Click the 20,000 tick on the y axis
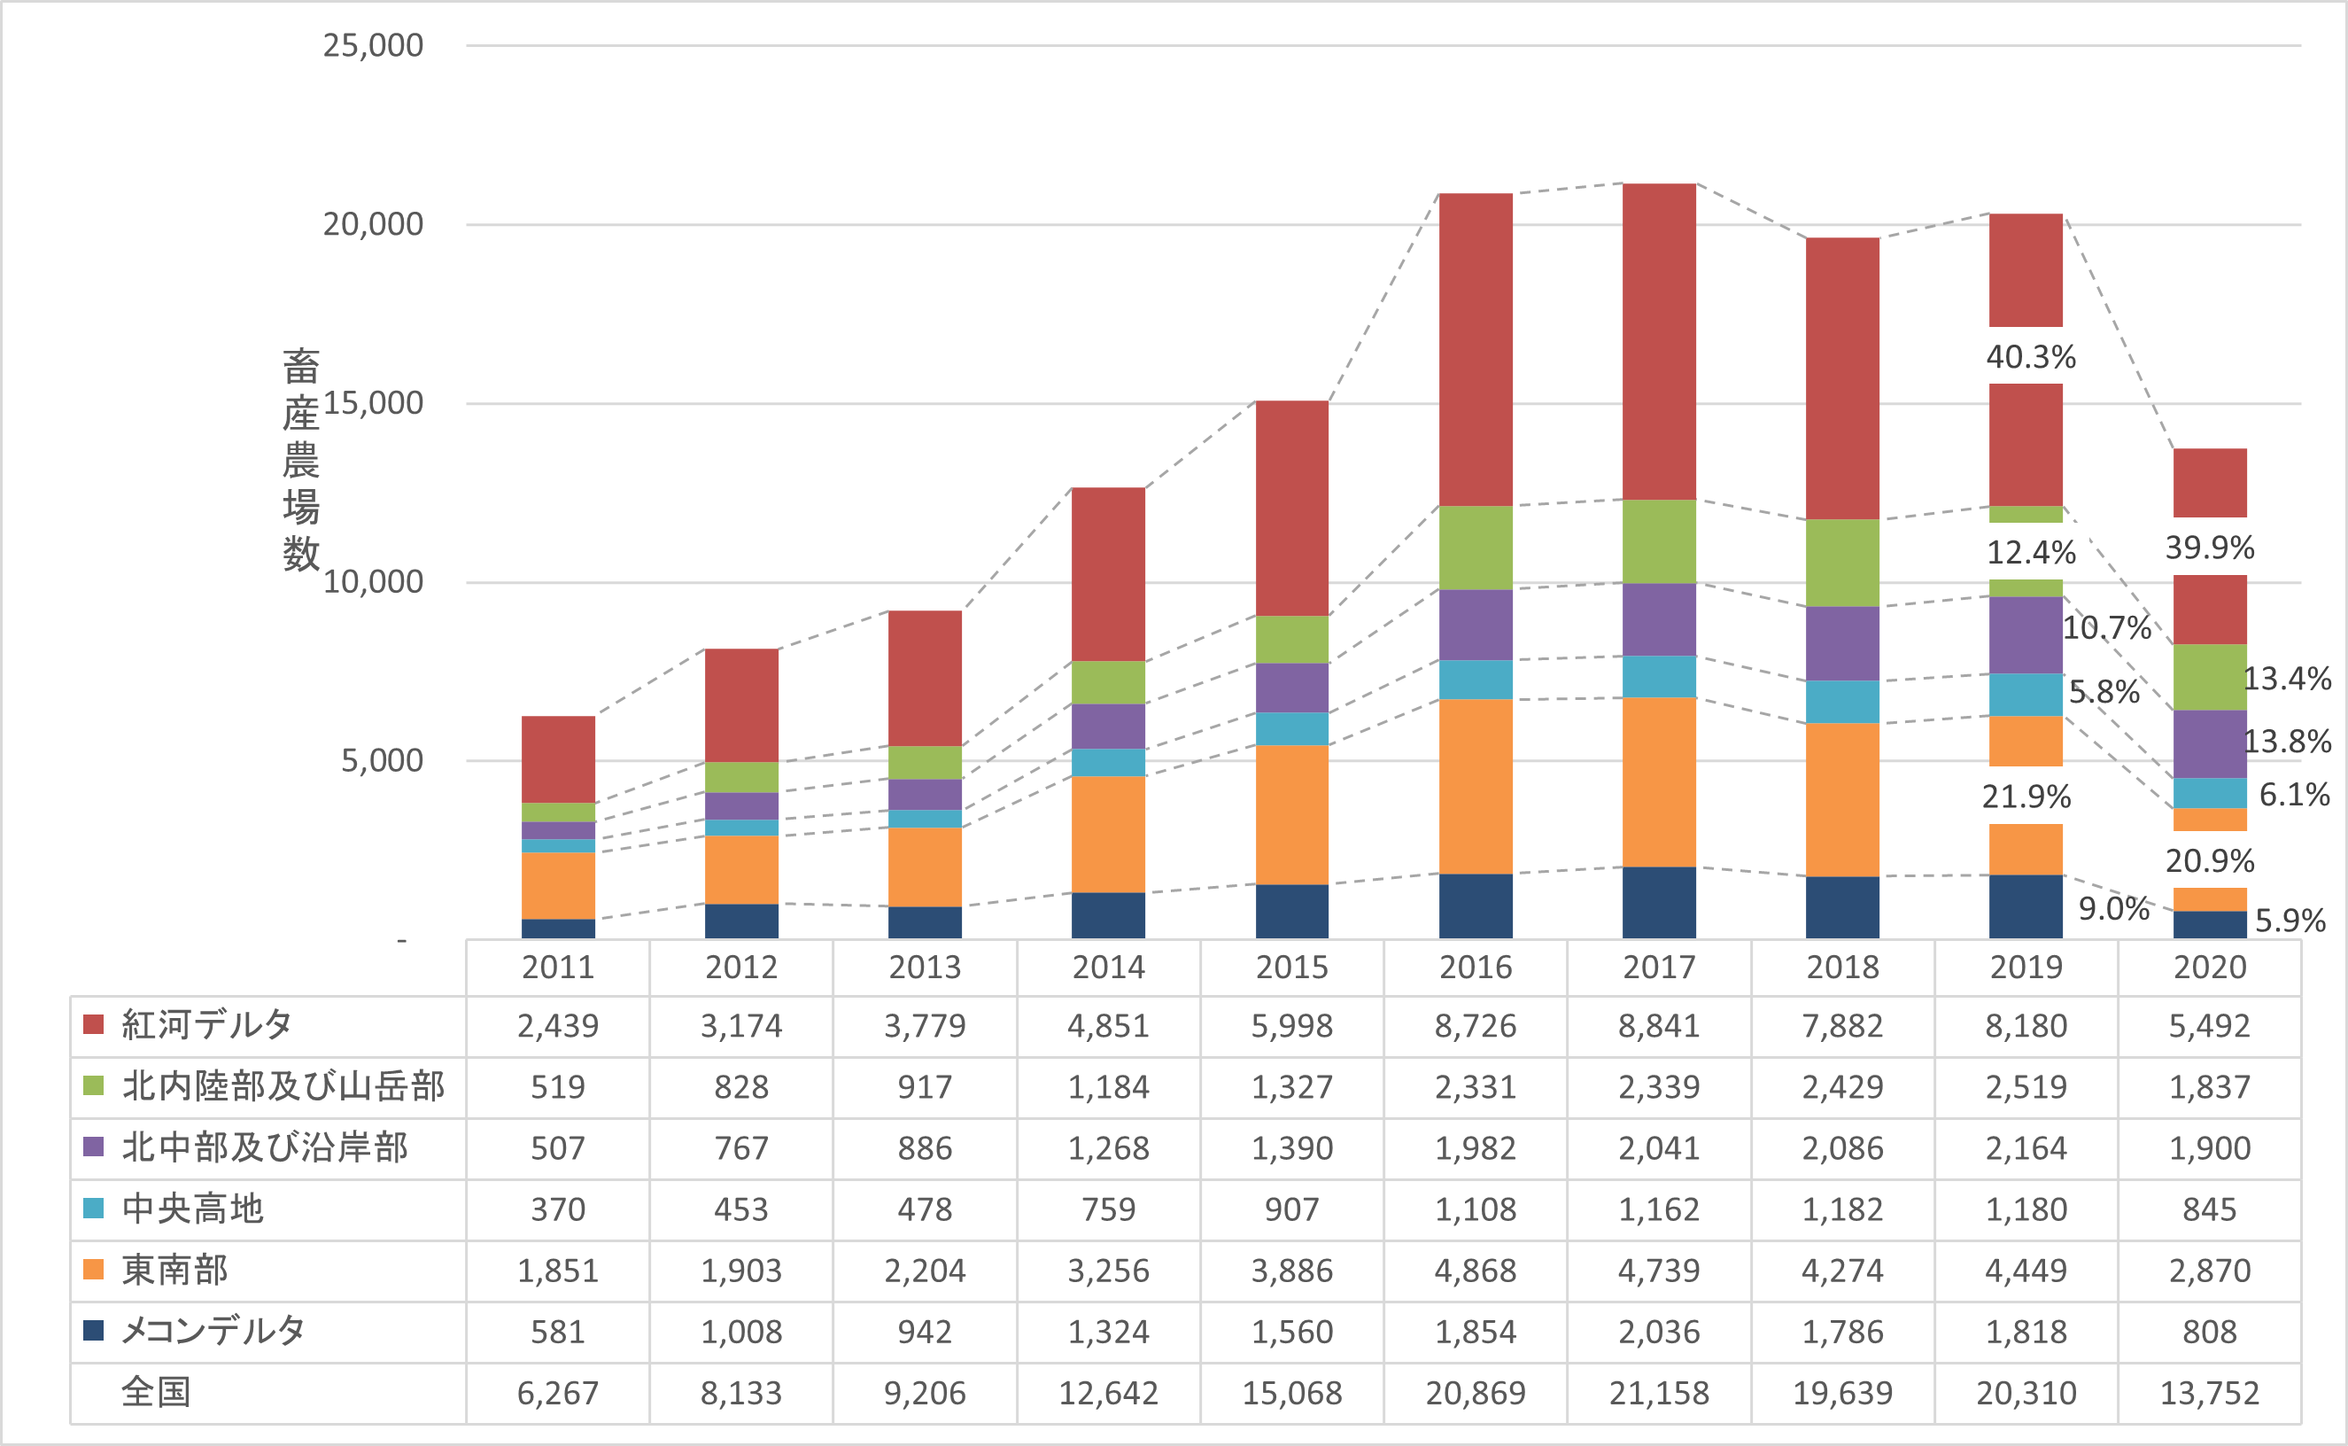pos(373,224)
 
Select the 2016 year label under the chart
pos(1476,967)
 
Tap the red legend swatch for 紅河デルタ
pos(94,1024)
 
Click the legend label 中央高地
pos(192,1209)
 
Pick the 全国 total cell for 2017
pos(1659,1393)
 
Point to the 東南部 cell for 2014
pos(1108,1270)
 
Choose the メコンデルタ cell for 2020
pos(2209,1331)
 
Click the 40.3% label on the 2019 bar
pos(2031,357)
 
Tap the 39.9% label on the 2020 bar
pos(2209,547)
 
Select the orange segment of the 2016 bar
pos(1476,786)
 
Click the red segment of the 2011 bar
pos(558,758)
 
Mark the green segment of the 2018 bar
pos(1842,563)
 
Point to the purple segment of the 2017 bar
pos(1659,618)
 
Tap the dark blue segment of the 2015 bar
pos(1291,911)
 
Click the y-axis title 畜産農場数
pos(300,459)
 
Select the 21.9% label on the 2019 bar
pos(2026,796)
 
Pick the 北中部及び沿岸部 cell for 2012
pos(741,1147)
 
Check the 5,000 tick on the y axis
pos(382,760)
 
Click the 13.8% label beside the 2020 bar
pos(2287,742)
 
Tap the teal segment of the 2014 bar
pos(1108,762)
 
